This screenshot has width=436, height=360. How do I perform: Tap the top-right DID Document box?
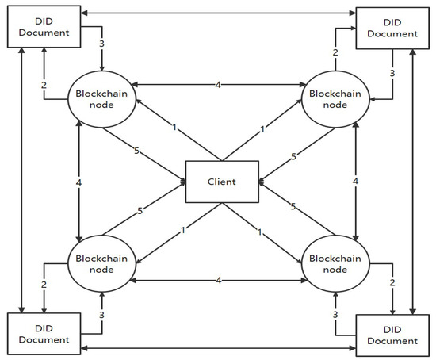point(386,28)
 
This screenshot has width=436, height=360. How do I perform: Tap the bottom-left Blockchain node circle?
point(101,262)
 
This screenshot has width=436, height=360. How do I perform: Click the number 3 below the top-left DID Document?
point(102,43)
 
